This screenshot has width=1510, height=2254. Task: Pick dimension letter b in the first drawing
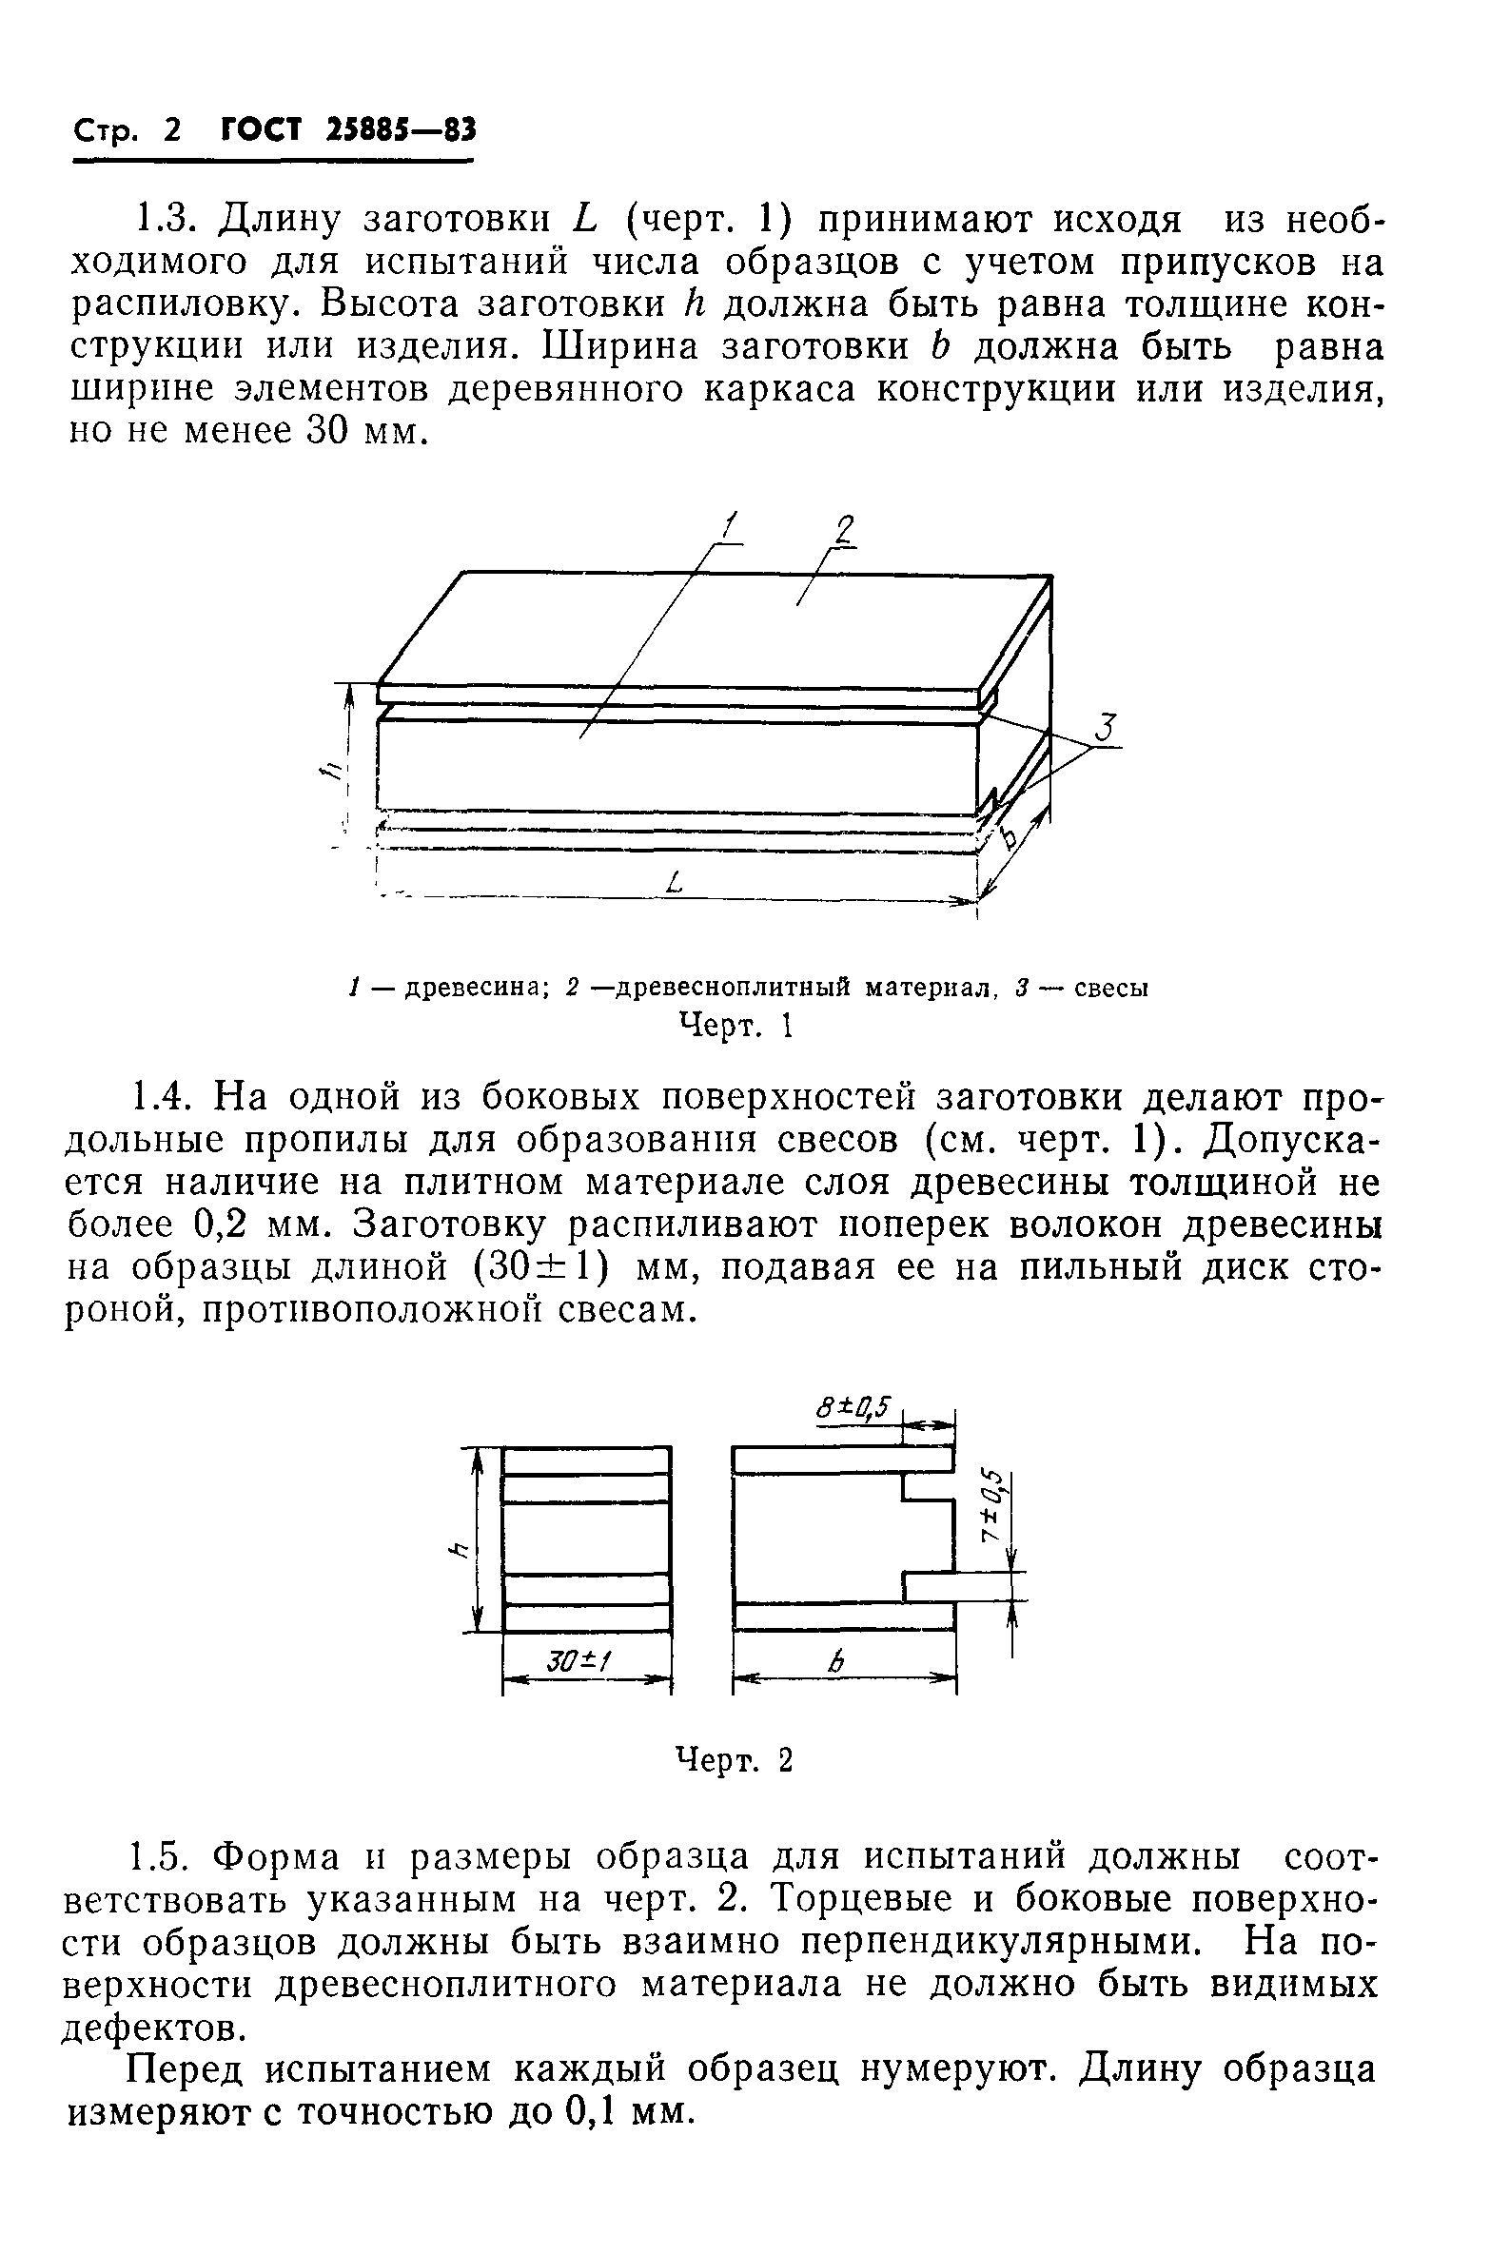[1009, 837]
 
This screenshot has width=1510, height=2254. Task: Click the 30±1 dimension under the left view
[582, 1660]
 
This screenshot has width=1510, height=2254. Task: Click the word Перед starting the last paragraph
[189, 2068]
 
